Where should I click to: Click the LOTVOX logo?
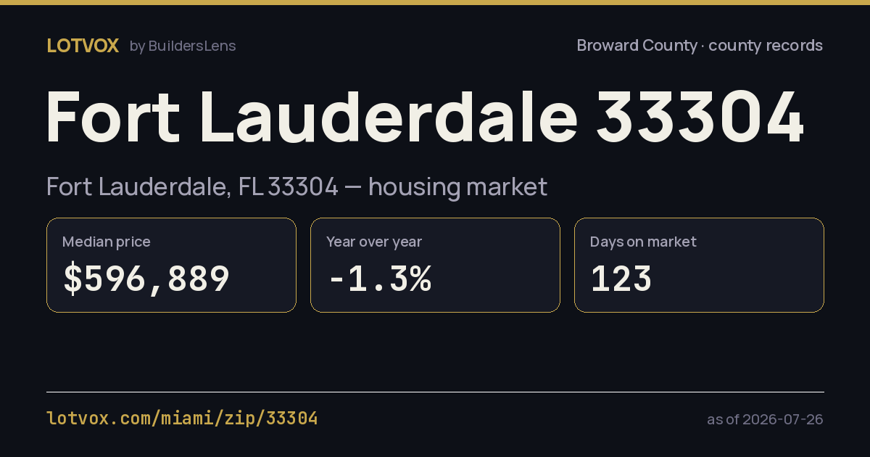coord(83,46)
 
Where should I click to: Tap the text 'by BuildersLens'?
coord(183,46)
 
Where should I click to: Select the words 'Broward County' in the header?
coord(637,46)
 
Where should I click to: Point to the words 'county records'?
coord(766,46)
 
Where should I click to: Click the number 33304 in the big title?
coord(700,117)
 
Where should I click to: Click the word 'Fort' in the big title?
coord(113,117)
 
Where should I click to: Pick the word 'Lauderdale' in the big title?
coord(389,117)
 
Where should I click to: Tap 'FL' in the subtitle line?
coord(250,186)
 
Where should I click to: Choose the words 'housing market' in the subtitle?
coord(458,187)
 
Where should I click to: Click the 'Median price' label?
coord(107,242)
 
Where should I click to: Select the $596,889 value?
coord(146,278)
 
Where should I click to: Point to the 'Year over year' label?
coord(374,242)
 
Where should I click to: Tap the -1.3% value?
coord(381,278)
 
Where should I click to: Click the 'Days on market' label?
coord(643,242)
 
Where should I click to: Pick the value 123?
coord(621,278)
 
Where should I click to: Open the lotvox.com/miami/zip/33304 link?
coord(182,419)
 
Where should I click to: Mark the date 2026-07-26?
coord(782,419)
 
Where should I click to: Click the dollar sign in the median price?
coord(73,278)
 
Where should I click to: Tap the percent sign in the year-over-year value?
coord(420,278)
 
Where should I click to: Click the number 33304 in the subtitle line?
coord(303,186)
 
